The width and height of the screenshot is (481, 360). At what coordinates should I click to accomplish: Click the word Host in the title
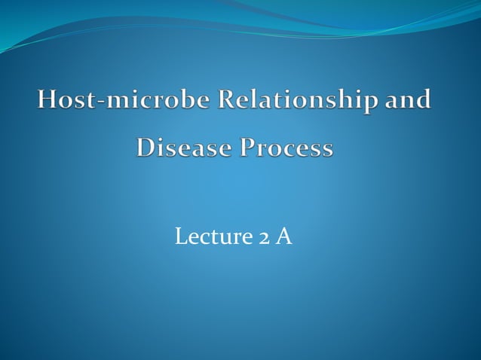[x=64, y=102]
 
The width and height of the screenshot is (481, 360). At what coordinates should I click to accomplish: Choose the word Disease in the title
[x=182, y=148]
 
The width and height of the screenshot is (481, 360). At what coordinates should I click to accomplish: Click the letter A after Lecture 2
[x=283, y=237]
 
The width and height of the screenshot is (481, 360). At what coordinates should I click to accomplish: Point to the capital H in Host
[x=45, y=102]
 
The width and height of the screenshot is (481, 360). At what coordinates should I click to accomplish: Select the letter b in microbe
[x=173, y=102]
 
